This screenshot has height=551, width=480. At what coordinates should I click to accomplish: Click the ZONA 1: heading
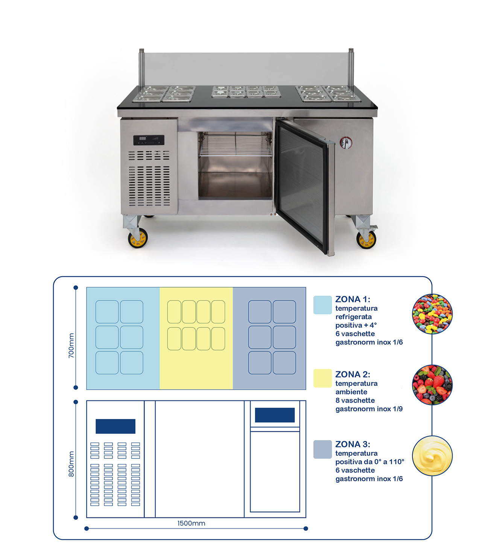[352, 299]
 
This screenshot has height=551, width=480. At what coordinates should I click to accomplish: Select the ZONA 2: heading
[352, 374]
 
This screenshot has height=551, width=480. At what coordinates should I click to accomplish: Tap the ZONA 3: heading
[352, 444]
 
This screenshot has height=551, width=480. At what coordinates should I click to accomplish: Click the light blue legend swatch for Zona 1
[322, 305]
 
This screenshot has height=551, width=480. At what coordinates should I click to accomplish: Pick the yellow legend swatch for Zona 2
[322, 378]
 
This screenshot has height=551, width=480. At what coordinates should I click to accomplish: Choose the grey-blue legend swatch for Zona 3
[322, 449]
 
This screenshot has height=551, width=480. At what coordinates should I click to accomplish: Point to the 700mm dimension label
[71, 346]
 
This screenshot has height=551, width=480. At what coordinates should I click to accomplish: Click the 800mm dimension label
[71, 464]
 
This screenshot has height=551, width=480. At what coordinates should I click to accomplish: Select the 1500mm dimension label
[191, 523]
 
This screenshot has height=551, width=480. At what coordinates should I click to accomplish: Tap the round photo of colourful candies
[432, 314]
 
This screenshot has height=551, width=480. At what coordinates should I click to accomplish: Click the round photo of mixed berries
[432, 385]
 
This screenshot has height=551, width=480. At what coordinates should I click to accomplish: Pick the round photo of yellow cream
[432, 455]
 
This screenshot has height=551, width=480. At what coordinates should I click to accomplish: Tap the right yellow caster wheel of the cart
[366, 239]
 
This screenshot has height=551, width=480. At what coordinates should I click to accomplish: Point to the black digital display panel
[149, 140]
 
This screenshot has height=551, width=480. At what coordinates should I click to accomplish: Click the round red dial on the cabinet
[346, 143]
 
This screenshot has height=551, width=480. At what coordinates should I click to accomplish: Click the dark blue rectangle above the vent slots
[115, 426]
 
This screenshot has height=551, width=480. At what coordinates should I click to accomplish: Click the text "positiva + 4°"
[356, 325]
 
